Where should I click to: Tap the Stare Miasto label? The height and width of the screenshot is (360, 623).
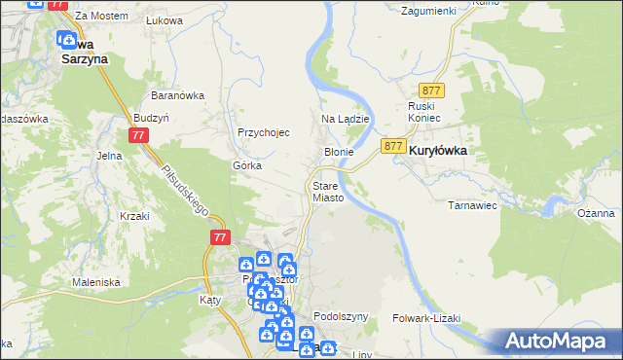[327, 191]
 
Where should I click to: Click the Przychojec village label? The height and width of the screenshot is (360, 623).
[264, 133]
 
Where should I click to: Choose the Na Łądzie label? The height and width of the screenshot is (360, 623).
[345, 119]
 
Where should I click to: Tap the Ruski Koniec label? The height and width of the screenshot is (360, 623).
[424, 111]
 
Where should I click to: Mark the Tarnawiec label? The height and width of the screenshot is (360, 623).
[472, 205]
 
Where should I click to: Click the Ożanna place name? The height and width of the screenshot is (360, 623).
[595, 213]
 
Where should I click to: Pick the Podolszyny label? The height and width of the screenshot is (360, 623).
[341, 317]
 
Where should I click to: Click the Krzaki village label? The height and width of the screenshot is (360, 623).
[133, 216]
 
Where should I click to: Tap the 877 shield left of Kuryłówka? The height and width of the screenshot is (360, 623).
[393, 146]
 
